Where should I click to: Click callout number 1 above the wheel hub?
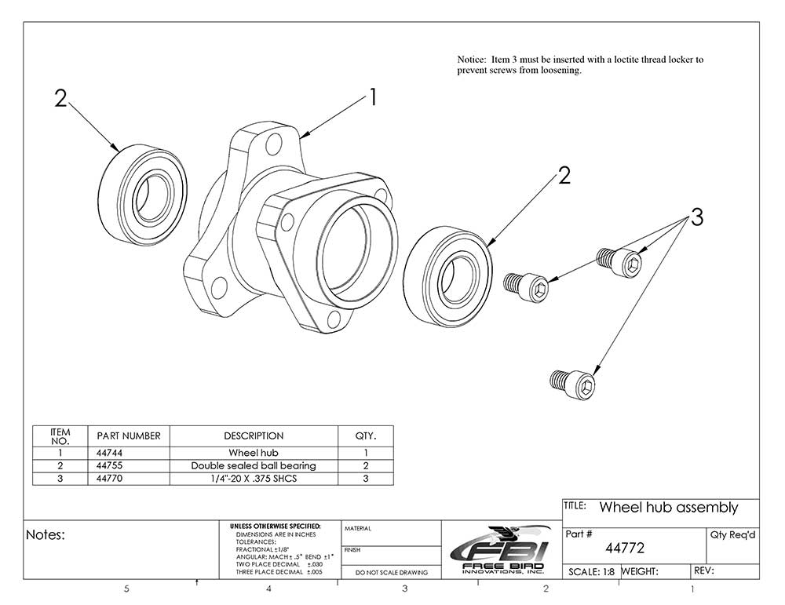[x=374, y=97]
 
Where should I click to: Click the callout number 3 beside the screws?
[x=696, y=217]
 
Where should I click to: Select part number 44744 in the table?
[x=110, y=453]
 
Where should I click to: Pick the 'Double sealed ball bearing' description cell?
[x=254, y=465]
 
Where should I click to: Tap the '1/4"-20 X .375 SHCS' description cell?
[x=254, y=478]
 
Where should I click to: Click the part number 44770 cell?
[x=110, y=478]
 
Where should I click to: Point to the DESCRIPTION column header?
[x=254, y=436]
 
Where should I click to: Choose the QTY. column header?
[x=366, y=436]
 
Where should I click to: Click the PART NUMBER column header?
[x=129, y=436]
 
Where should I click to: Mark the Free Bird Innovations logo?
[x=500, y=549]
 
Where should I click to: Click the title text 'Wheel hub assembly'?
[x=668, y=508]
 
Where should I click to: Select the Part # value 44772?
[x=624, y=548]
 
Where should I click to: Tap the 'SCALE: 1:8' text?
[x=591, y=572]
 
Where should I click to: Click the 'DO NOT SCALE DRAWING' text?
[x=392, y=573]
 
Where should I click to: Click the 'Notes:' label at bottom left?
[x=46, y=535]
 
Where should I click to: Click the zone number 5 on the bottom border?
[x=127, y=589]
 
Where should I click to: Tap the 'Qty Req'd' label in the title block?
[x=732, y=534]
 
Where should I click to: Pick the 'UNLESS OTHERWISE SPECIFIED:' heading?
[x=275, y=526]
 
